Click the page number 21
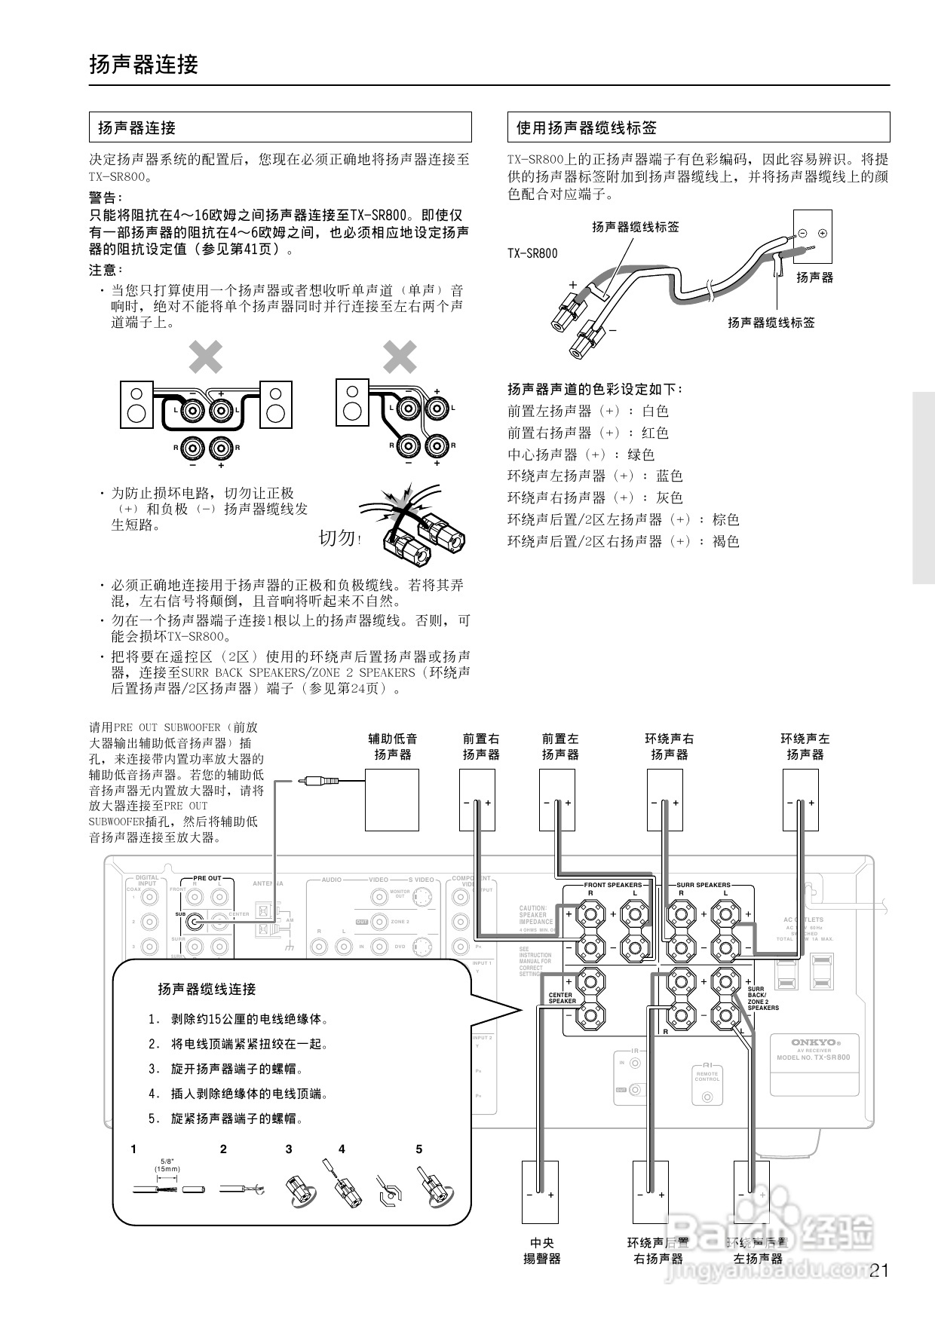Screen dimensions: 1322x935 point(879,1271)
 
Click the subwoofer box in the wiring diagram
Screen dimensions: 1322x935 point(391,800)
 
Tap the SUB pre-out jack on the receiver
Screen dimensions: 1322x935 point(195,921)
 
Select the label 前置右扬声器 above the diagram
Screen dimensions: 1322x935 point(481,746)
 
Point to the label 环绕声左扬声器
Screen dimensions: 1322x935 point(805,746)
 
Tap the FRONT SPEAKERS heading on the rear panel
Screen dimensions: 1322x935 point(613,885)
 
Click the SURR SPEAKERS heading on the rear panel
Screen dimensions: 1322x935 point(703,885)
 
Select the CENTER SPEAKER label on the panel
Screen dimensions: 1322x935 point(562,997)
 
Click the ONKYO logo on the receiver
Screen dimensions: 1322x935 point(813,1042)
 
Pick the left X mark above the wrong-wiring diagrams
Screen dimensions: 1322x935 point(205,357)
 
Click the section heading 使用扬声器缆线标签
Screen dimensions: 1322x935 point(586,127)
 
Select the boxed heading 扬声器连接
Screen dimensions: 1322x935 point(136,127)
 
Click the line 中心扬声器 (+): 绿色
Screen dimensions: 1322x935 point(581,454)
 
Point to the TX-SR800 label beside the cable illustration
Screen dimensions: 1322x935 point(532,254)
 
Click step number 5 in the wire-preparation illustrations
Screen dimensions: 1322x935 point(419,1149)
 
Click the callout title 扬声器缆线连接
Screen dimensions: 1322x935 point(207,989)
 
